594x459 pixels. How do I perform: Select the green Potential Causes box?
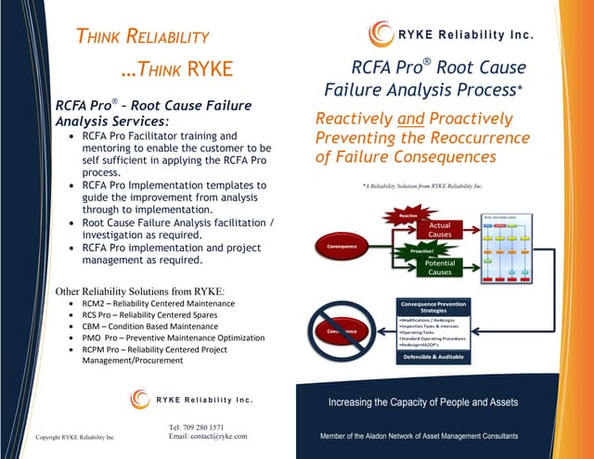click(439, 267)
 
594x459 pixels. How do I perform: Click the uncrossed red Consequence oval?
click(342, 247)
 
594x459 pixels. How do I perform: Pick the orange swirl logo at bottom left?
click(140, 399)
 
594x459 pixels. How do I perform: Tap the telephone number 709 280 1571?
click(196, 427)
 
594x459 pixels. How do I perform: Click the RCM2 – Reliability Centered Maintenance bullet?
click(159, 304)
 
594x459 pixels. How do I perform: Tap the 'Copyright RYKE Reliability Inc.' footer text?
click(74, 437)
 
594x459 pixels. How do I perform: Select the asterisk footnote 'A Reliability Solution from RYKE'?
click(422, 186)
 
